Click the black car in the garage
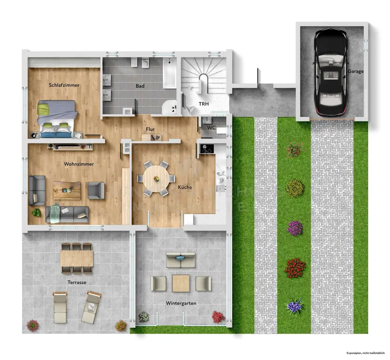tap(330, 73)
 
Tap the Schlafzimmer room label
tap(64, 85)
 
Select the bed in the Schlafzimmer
tap(57, 119)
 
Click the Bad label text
tap(140, 86)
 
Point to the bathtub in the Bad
tap(169, 73)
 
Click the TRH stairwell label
tap(203, 104)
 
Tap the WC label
tap(211, 128)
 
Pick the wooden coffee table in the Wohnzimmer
tap(67, 190)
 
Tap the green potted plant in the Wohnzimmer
tap(37, 213)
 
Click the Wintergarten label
tap(181, 303)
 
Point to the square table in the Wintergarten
tap(181, 284)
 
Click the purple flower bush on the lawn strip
tap(294, 228)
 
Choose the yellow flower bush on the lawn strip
tap(294, 188)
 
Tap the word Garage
tap(355, 71)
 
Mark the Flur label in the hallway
tap(150, 129)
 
